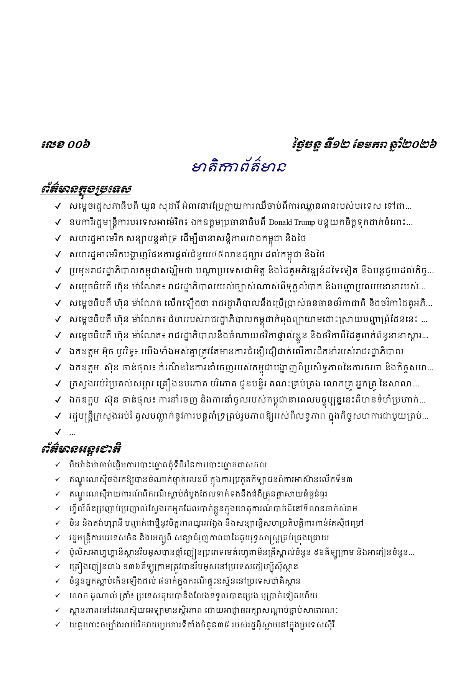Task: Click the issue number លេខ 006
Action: [x=66, y=145]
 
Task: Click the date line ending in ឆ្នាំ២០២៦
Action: [x=364, y=145]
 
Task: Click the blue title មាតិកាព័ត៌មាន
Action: [x=238, y=167]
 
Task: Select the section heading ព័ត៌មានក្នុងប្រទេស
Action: [x=86, y=189]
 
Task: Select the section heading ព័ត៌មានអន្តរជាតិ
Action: [x=81, y=449]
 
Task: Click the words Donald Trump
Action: [x=292, y=222]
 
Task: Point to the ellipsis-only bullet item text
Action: [x=72, y=433]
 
